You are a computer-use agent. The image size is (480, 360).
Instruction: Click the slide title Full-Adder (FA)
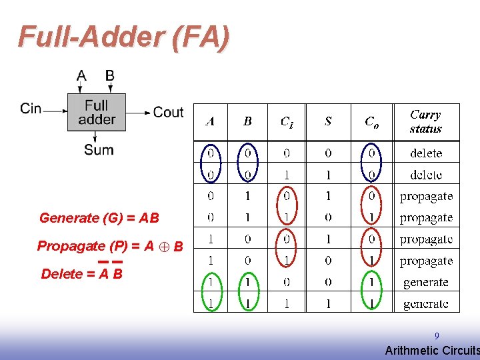click(123, 37)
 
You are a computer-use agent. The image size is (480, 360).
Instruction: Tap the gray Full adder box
click(97, 112)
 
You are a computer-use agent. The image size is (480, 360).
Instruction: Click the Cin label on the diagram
click(31, 108)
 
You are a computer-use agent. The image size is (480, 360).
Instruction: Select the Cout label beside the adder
click(168, 112)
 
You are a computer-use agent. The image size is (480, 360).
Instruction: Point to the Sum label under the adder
click(99, 150)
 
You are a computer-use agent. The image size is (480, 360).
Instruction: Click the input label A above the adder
click(81, 75)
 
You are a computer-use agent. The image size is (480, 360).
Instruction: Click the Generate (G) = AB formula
click(99, 218)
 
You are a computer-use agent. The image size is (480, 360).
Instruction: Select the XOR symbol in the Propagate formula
click(164, 247)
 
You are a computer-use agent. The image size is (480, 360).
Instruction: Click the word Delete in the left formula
click(61, 274)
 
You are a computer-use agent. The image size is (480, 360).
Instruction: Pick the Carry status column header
click(425, 122)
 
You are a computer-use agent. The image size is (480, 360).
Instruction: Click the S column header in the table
click(328, 121)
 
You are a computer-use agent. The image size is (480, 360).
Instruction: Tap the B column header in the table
click(247, 121)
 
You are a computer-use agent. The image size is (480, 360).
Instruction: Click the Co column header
click(371, 121)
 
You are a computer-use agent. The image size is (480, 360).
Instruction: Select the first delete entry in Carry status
click(426, 153)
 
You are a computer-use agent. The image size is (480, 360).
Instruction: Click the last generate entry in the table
click(425, 304)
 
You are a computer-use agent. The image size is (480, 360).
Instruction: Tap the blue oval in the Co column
click(371, 163)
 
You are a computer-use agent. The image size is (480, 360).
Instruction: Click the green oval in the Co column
click(371, 293)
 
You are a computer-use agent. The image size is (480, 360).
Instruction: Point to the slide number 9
click(437, 337)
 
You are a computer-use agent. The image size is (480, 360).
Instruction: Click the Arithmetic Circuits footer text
click(431, 351)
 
